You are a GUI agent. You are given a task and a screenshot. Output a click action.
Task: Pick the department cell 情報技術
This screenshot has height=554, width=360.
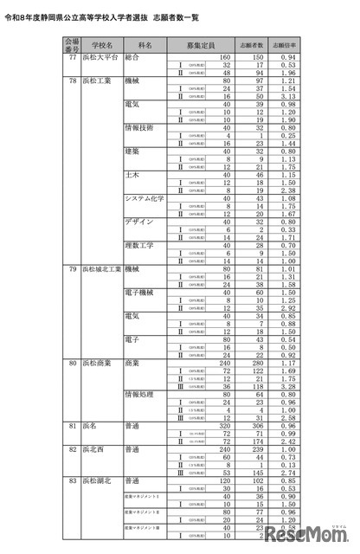pos(139,127)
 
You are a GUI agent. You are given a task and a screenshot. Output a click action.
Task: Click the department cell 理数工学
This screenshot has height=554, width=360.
pos(138,245)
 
